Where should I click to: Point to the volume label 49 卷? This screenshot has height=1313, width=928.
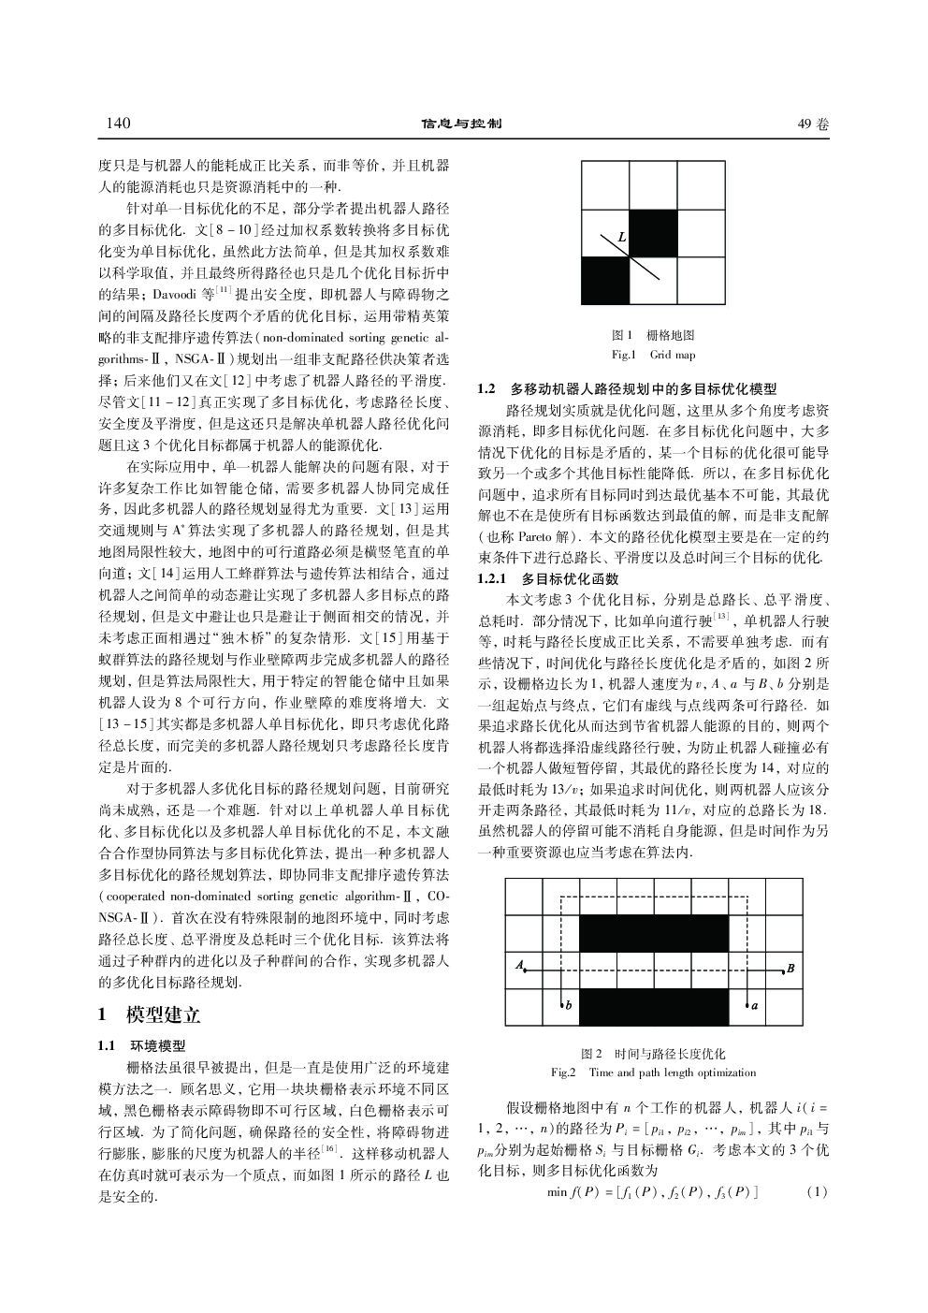click(x=813, y=124)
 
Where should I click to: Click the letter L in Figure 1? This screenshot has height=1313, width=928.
click(x=622, y=238)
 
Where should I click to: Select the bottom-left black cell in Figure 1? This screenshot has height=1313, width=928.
click(x=604, y=279)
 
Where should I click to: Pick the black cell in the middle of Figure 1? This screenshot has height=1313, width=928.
click(x=652, y=232)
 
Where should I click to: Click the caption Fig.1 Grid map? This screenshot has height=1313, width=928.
click(x=652, y=355)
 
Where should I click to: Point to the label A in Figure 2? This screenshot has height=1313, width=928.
click(x=517, y=966)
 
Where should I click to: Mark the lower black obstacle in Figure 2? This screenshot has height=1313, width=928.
click(x=653, y=1006)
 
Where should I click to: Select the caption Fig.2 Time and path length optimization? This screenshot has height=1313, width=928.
click(x=653, y=1072)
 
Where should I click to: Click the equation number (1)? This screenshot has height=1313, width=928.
click(x=816, y=1191)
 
